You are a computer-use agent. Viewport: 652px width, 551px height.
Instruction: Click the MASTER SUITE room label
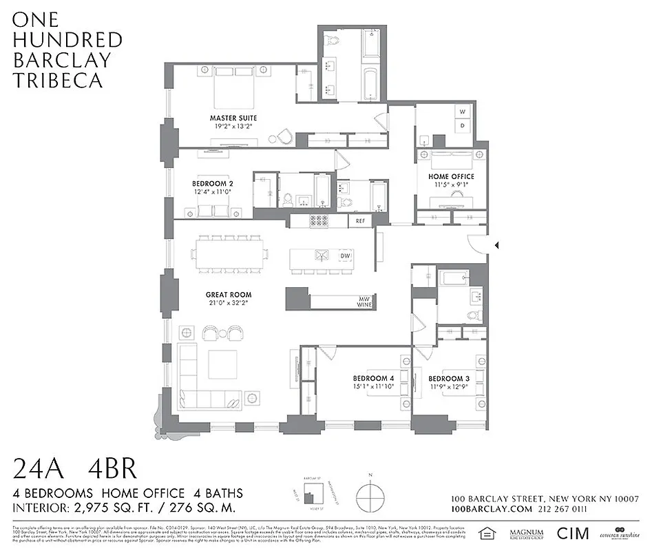point(233,118)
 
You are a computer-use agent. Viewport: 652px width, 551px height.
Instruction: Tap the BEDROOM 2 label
point(212,184)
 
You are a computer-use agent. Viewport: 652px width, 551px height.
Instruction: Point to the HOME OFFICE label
point(451,176)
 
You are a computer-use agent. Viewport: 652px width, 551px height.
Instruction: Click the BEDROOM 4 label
point(374,379)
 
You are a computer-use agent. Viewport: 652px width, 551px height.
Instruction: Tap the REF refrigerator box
point(360,221)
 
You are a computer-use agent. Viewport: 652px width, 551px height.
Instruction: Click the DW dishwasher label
point(345,256)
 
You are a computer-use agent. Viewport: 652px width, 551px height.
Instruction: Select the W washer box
point(463,112)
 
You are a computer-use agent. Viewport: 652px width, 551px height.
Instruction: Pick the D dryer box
point(463,125)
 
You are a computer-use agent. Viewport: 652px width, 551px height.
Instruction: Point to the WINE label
point(363,305)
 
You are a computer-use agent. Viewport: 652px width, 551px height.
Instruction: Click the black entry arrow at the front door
point(496,244)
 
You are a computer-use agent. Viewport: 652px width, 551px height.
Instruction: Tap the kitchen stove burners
point(318,221)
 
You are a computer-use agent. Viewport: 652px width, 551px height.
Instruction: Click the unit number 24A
point(39,470)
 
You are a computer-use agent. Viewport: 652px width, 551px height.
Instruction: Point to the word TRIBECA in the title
point(58,80)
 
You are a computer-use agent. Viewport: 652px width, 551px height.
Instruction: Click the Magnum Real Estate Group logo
point(526,533)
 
